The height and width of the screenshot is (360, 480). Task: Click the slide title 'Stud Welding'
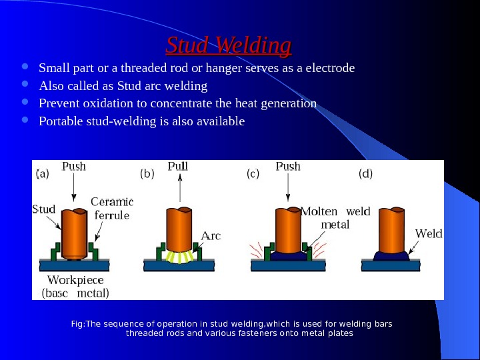coord(229,45)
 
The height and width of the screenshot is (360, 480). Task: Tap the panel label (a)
coord(41,174)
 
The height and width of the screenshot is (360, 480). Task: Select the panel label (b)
coord(147,174)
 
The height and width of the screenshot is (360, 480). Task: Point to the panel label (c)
coord(253,174)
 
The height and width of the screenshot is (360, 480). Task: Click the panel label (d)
coord(366,174)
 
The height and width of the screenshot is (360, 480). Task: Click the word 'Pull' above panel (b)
coord(178,166)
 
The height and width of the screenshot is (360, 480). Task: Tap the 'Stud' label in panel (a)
coord(43,209)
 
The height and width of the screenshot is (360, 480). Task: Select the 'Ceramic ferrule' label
coord(112,208)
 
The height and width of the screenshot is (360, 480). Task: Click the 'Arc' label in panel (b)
coord(211,235)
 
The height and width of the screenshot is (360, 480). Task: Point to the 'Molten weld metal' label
coord(335,218)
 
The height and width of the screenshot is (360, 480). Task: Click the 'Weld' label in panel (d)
coord(429,234)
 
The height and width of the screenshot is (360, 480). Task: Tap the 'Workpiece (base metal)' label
coord(75,285)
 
